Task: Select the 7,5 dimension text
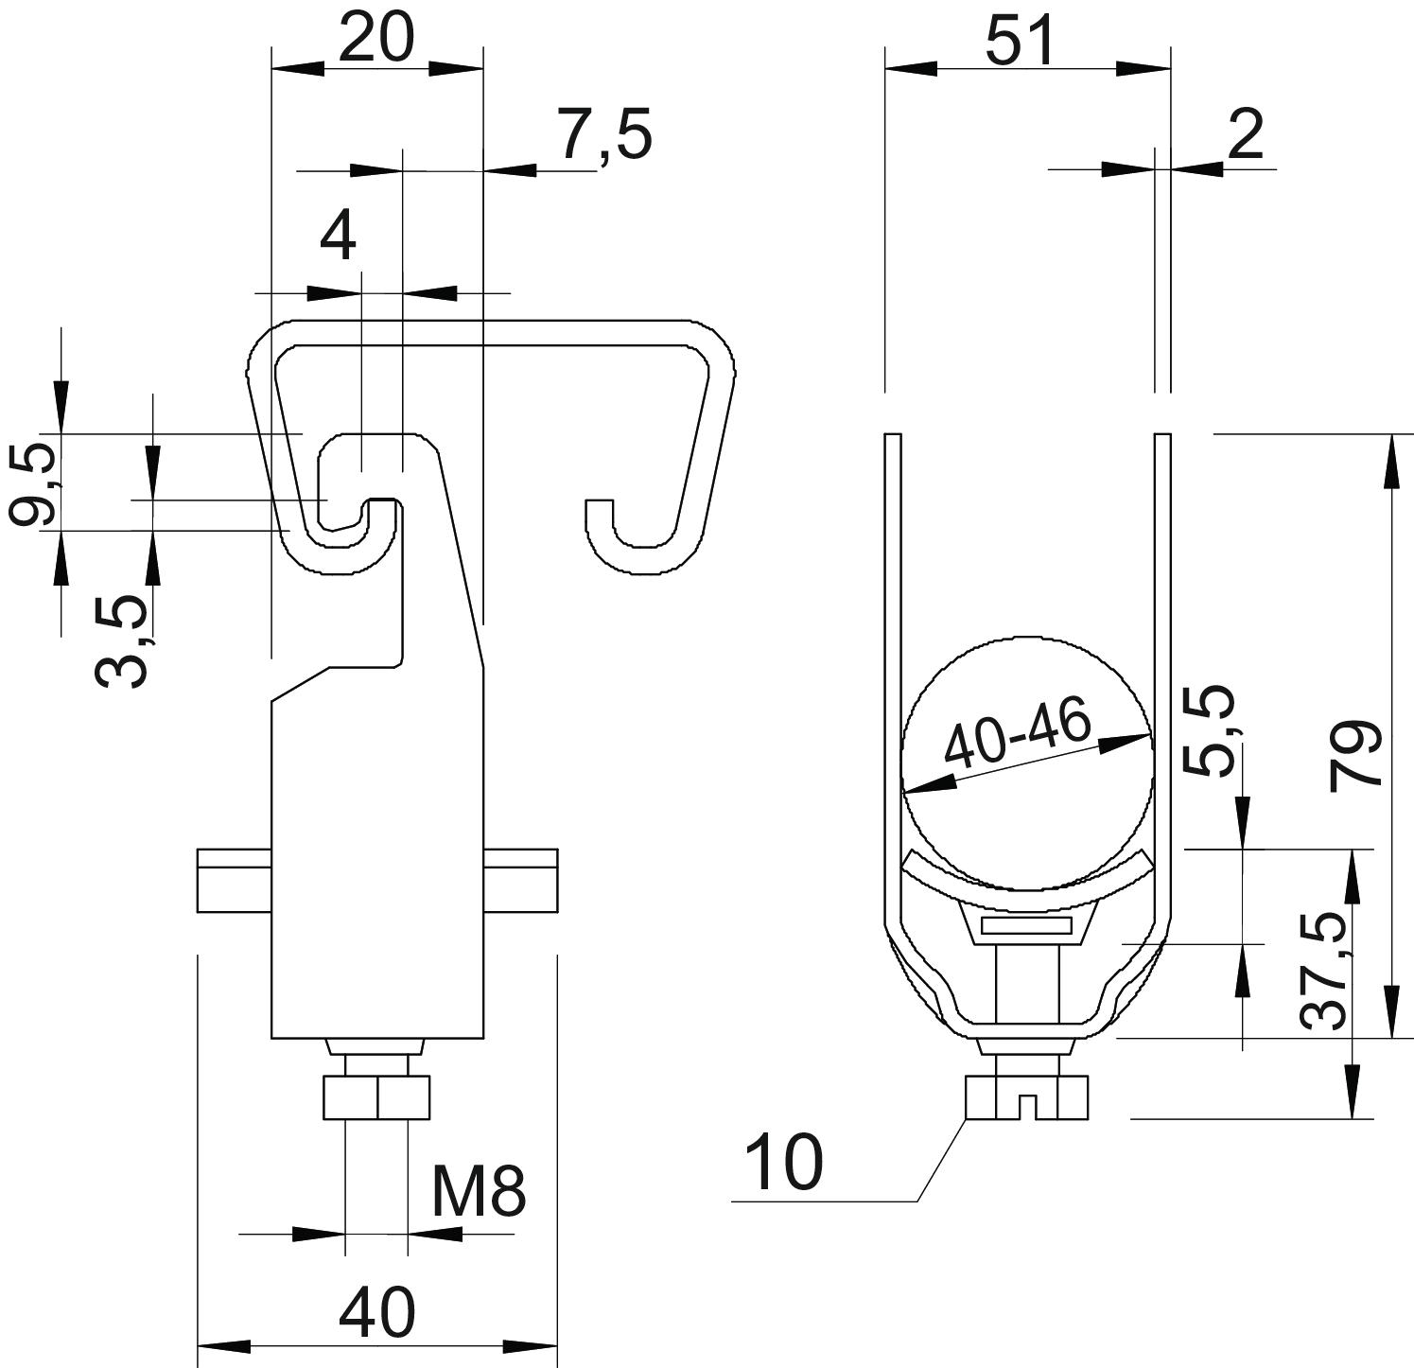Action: (x=603, y=134)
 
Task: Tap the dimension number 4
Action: (x=338, y=237)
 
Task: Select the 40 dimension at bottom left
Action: (x=376, y=1311)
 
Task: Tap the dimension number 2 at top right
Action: (x=1246, y=134)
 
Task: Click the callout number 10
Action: (x=784, y=1163)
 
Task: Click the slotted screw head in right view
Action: (x=1027, y=1098)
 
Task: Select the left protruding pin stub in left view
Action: (x=235, y=881)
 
